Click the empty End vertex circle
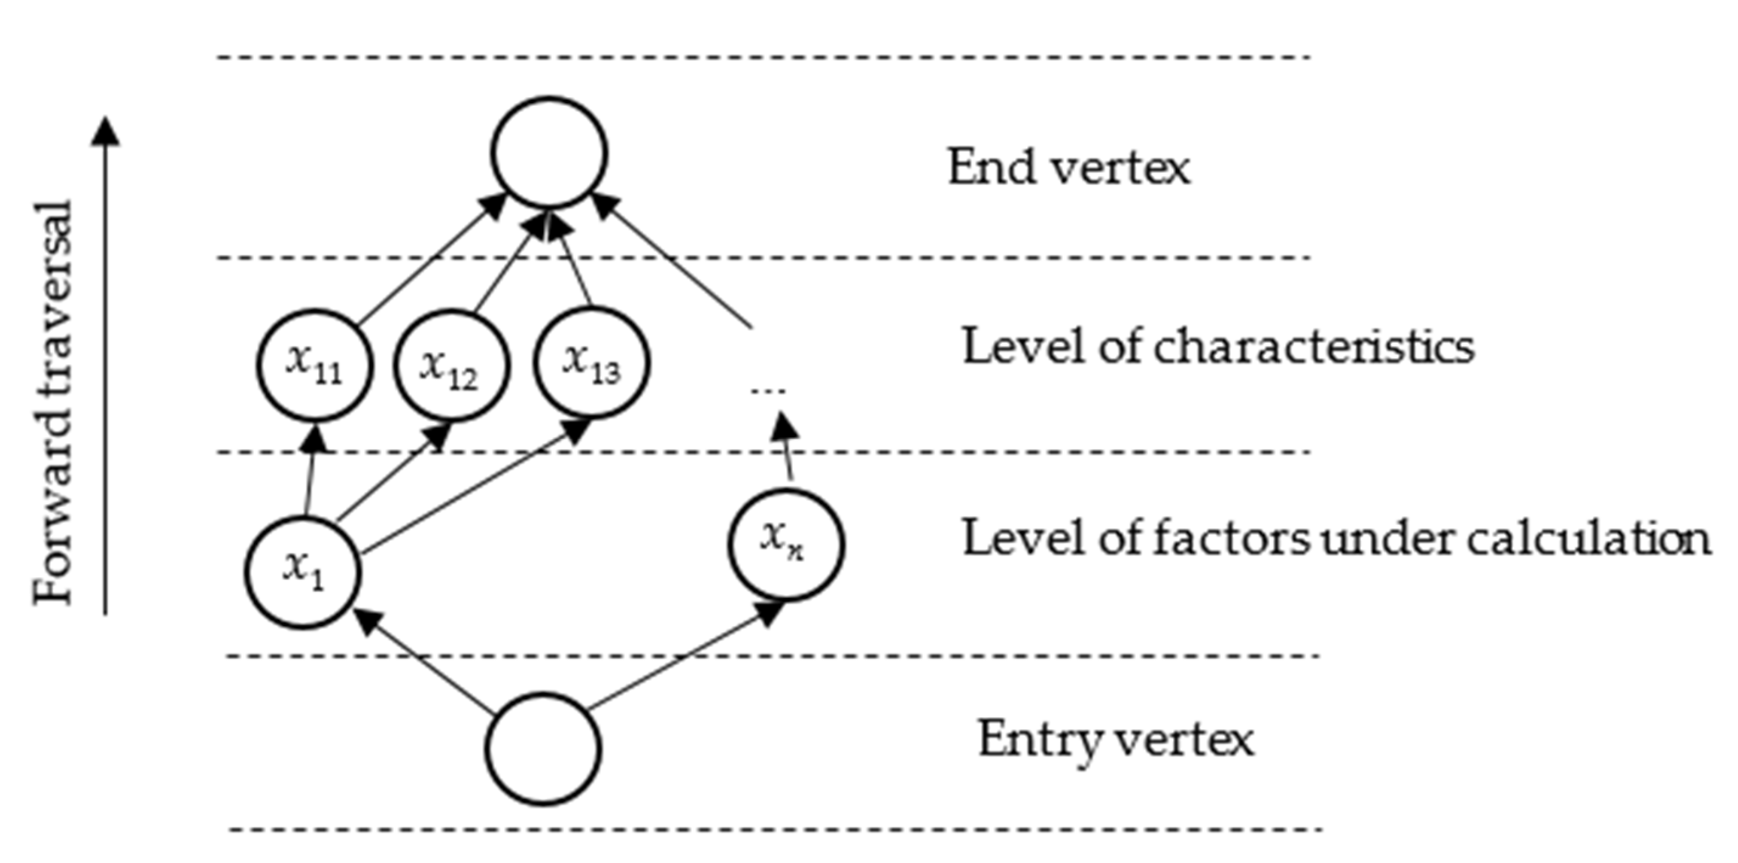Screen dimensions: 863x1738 549,153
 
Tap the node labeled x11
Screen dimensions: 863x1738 314,365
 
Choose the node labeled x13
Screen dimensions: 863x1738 592,362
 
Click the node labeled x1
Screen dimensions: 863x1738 303,572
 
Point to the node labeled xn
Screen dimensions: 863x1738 785,543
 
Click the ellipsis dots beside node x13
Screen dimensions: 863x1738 768,390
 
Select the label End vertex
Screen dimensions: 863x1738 1068,168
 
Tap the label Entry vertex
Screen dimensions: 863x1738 1116,740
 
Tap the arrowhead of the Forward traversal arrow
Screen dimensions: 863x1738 105,131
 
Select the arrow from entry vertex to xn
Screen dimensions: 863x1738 682,658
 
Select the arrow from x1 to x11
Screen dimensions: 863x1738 310,475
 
